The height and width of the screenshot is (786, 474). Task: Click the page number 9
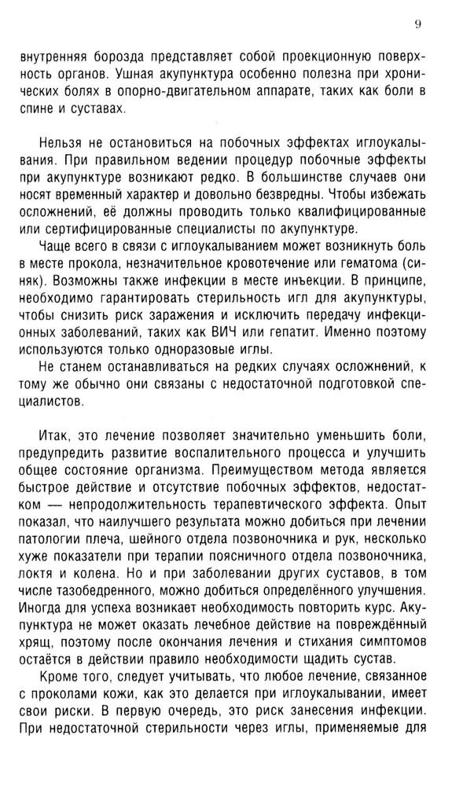pos(419,24)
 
